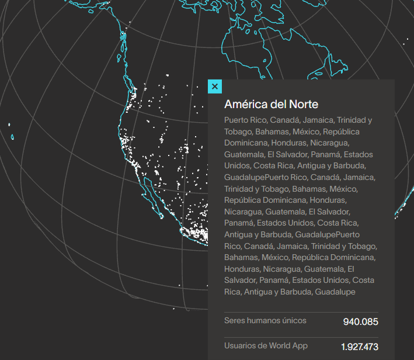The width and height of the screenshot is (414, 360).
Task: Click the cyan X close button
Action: [215, 86]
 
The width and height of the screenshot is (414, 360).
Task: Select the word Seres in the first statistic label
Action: [235, 320]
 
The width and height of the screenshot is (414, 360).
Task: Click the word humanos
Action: [264, 320]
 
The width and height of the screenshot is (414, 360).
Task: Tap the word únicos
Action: [294, 320]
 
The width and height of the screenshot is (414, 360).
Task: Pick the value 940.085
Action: [360, 321]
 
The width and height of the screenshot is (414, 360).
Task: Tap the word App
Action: [300, 345]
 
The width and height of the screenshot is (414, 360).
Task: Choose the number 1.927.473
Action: [360, 347]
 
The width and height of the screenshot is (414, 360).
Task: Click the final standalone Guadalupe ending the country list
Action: [335, 292]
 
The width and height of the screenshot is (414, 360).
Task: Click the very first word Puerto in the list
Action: [236, 120]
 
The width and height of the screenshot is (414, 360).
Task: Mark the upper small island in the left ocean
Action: [10, 124]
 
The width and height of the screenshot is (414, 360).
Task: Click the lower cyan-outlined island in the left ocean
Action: [12, 137]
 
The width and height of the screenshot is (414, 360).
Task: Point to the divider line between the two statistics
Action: [301, 337]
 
